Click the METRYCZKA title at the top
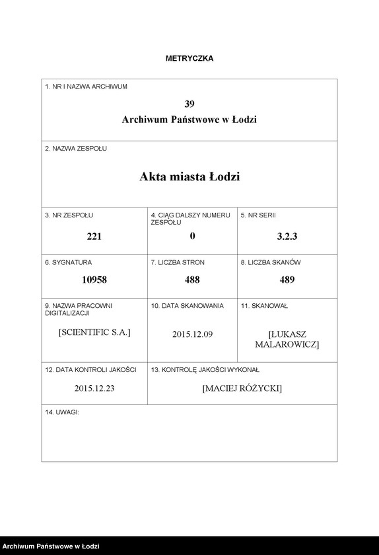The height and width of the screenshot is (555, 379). pyautogui.click(x=189, y=58)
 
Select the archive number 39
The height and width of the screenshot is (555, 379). pyautogui.click(x=189, y=104)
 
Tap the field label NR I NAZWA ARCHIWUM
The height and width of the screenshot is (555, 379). pyautogui.click(x=86, y=87)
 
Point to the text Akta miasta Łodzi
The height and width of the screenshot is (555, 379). pyautogui.click(x=189, y=177)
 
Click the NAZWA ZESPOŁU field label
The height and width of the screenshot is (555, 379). pyautogui.click(x=76, y=149)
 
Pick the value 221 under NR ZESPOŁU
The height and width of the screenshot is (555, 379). pyautogui.click(x=94, y=237)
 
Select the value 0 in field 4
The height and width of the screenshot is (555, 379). pyautogui.click(x=192, y=237)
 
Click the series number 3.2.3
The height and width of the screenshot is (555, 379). pyautogui.click(x=287, y=237)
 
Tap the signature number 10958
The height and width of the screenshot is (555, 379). pyautogui.click(x=94, y=279)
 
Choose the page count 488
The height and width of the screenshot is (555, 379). pyautogui.click(x=192, y=279)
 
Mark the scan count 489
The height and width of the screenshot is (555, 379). pyautogui.click(x=287, y=279)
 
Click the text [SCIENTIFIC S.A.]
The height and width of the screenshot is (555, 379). pyautogui.click(x=94, y=332)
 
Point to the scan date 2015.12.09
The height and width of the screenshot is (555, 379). pyautogui.click(x=192, y=334)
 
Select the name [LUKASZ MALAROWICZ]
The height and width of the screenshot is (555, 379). pyautogui.click(x=287, y=340)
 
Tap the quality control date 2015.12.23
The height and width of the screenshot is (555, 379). pyautogui.click(x=94, y=388)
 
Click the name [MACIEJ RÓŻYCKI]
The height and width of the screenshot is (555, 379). pyautogui.click(x=242, y=388)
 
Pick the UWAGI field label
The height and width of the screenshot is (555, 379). pyautogui.click(x=62, y=412)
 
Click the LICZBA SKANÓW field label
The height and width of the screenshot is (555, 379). pyautogui.click(x=271, y=262)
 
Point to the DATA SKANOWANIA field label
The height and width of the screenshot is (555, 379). pyautogui.click(x=188, y=306)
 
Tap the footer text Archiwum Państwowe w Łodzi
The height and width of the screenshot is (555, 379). pyautogui.click(x=51, y=546)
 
